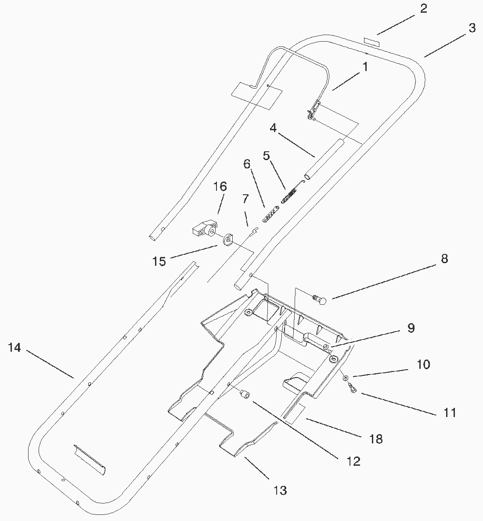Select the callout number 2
tap(423, 9)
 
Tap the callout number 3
tap(472, 28)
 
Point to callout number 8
tap(444, 259)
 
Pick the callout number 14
tap(14, 348)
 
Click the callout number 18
tap(376, 439)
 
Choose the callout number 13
tap(280, 490)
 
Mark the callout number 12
tap(353, 461)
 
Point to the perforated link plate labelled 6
tap(271, 214)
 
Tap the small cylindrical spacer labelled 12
tap(245, 396)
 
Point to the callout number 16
tap(220, 186)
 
